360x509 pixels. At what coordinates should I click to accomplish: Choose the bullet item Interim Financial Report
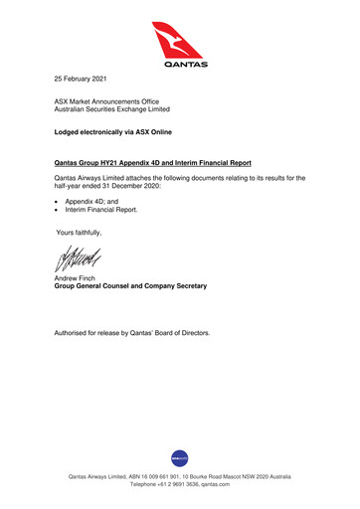click(101, 210)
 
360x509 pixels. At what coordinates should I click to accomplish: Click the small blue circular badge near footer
click(180, 456)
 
